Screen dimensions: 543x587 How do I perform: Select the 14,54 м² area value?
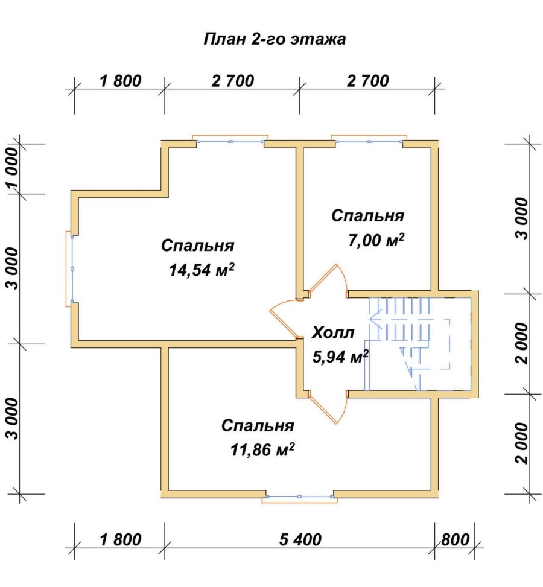click(x=202, y=269)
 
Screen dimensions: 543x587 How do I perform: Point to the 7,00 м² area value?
click(x=376, y=240)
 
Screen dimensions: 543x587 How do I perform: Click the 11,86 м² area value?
click(x=262, y=449)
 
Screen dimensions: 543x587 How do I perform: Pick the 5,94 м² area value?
click(x=340, y=357)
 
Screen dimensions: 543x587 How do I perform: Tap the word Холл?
click(x=333, y=332)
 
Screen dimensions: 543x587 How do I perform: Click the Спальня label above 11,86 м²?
click(x=258, y=426)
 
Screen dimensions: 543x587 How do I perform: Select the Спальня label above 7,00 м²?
click(x=368, y=216)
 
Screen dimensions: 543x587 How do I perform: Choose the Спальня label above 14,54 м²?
click(x=198, y=246)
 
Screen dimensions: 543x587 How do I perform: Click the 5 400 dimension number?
click(x=300, y=539)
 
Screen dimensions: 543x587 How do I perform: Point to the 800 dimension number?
click(x=455, y=539)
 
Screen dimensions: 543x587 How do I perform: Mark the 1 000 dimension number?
click(x=12, y=168)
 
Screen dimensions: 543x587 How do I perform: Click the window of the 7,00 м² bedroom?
click(x=369, y=141)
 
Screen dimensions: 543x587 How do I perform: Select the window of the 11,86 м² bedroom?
click(x=300, y=497)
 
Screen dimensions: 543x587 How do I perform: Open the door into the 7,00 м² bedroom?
click(x=328, y=281)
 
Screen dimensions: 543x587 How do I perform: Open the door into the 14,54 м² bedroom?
click(x=285, y=318)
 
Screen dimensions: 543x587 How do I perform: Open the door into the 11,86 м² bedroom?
click(x=328, y=407)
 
